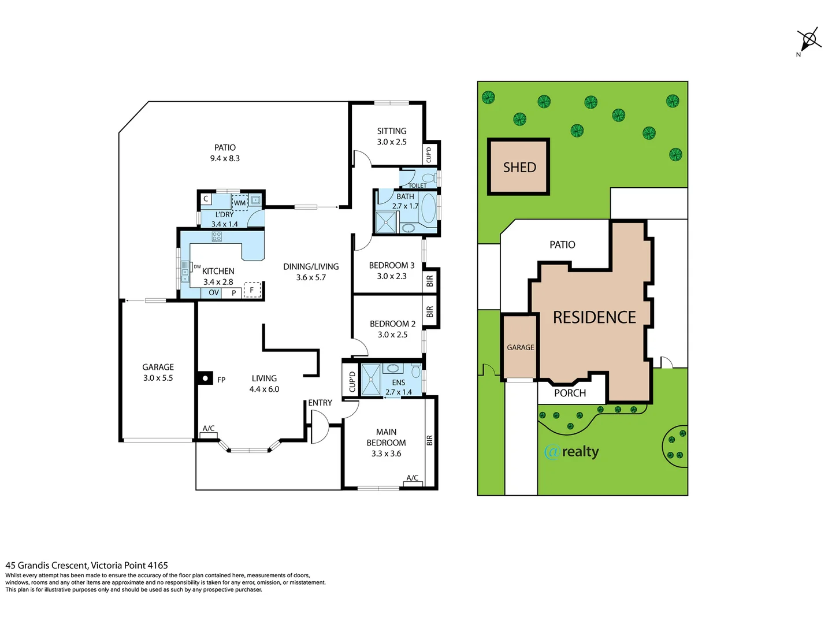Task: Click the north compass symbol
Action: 809,40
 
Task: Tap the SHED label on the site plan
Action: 519,168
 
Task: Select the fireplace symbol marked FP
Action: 205,379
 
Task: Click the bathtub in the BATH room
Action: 428,209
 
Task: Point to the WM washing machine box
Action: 240,203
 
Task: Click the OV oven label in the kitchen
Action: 214,293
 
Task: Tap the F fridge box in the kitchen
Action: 252,290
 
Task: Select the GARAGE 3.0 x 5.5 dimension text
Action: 158,378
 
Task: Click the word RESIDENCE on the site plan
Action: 594,318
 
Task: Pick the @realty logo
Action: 571,452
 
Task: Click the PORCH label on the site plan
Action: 570,393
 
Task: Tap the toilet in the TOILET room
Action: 428,178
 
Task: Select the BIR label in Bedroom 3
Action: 430,281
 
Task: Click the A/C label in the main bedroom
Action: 413,478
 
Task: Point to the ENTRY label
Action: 320,403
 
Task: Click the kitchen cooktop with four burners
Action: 217,236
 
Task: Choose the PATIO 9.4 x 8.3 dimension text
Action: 225,158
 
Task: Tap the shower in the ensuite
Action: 371,380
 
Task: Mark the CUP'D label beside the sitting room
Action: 429,155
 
